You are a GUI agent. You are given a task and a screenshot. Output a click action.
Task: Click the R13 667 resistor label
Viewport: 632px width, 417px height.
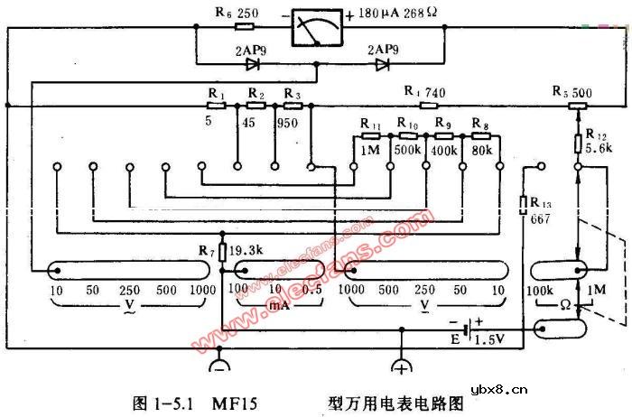pos(541,209)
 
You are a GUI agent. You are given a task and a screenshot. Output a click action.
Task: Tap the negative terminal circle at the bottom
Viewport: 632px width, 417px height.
pos(220,366)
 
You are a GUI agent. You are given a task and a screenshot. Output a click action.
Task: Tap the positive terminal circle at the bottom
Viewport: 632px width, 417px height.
pos(399,366)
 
